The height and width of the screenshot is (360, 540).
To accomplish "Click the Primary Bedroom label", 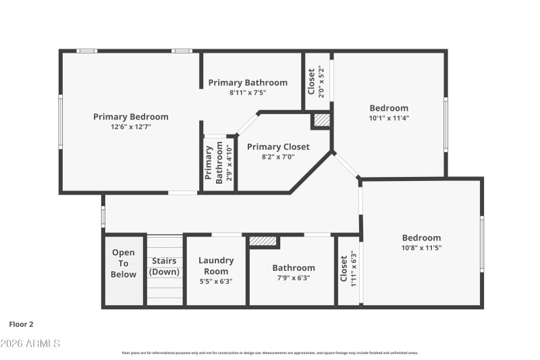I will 130,117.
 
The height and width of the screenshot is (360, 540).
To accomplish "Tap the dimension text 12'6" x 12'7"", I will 130,126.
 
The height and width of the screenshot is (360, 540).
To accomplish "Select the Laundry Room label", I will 216,265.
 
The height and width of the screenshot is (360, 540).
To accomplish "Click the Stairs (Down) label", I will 165,266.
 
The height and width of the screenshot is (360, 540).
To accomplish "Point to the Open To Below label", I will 124,264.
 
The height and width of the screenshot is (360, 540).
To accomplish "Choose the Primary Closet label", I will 278,147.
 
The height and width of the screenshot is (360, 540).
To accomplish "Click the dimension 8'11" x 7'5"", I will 248,93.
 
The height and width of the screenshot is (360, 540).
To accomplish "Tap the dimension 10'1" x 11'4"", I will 389,118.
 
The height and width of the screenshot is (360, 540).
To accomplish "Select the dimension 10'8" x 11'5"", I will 421,247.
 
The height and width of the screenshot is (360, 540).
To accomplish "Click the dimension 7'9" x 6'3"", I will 293,278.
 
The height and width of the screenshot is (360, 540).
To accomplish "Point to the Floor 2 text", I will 21,324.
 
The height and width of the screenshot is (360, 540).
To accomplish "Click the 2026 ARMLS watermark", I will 30,344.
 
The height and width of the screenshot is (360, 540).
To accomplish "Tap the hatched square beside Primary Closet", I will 321,120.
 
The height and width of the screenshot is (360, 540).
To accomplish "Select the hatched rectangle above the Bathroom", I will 263,240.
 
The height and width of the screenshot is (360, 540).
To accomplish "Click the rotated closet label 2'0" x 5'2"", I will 316,82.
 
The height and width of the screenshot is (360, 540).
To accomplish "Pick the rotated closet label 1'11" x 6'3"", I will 348,269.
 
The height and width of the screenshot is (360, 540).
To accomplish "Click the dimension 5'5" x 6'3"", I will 216,282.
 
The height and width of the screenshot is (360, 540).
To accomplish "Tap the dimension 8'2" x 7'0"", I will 278,156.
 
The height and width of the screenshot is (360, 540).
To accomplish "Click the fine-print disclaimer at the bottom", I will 270,353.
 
